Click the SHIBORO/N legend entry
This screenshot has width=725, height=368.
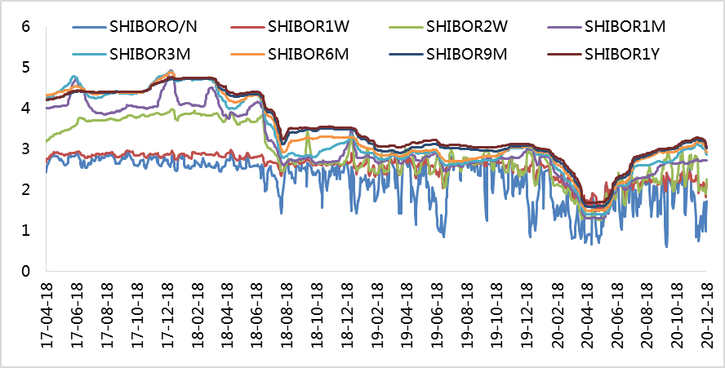point(151,25)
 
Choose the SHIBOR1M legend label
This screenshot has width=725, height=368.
point(625,25)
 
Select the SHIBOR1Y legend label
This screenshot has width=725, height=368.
point(624,55)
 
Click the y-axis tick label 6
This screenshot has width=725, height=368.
point(26,26)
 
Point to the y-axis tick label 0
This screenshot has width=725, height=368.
point(26,272)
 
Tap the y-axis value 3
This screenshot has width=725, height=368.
point(26,149)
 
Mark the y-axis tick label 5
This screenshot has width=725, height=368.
point(26,67)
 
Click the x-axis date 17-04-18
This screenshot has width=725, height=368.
point(47,314)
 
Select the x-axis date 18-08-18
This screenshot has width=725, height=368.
point(287,314)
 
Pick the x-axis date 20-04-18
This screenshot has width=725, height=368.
point(587,314)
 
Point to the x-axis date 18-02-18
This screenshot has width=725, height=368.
point(197,314)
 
